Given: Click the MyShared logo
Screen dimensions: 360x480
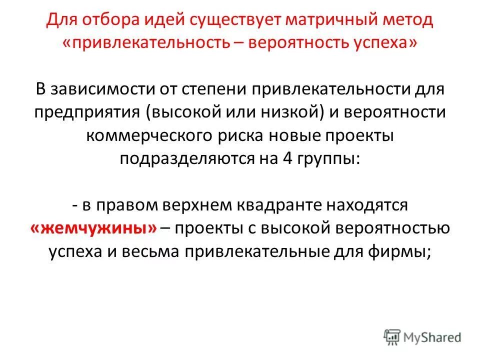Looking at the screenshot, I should click(423, 337).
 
